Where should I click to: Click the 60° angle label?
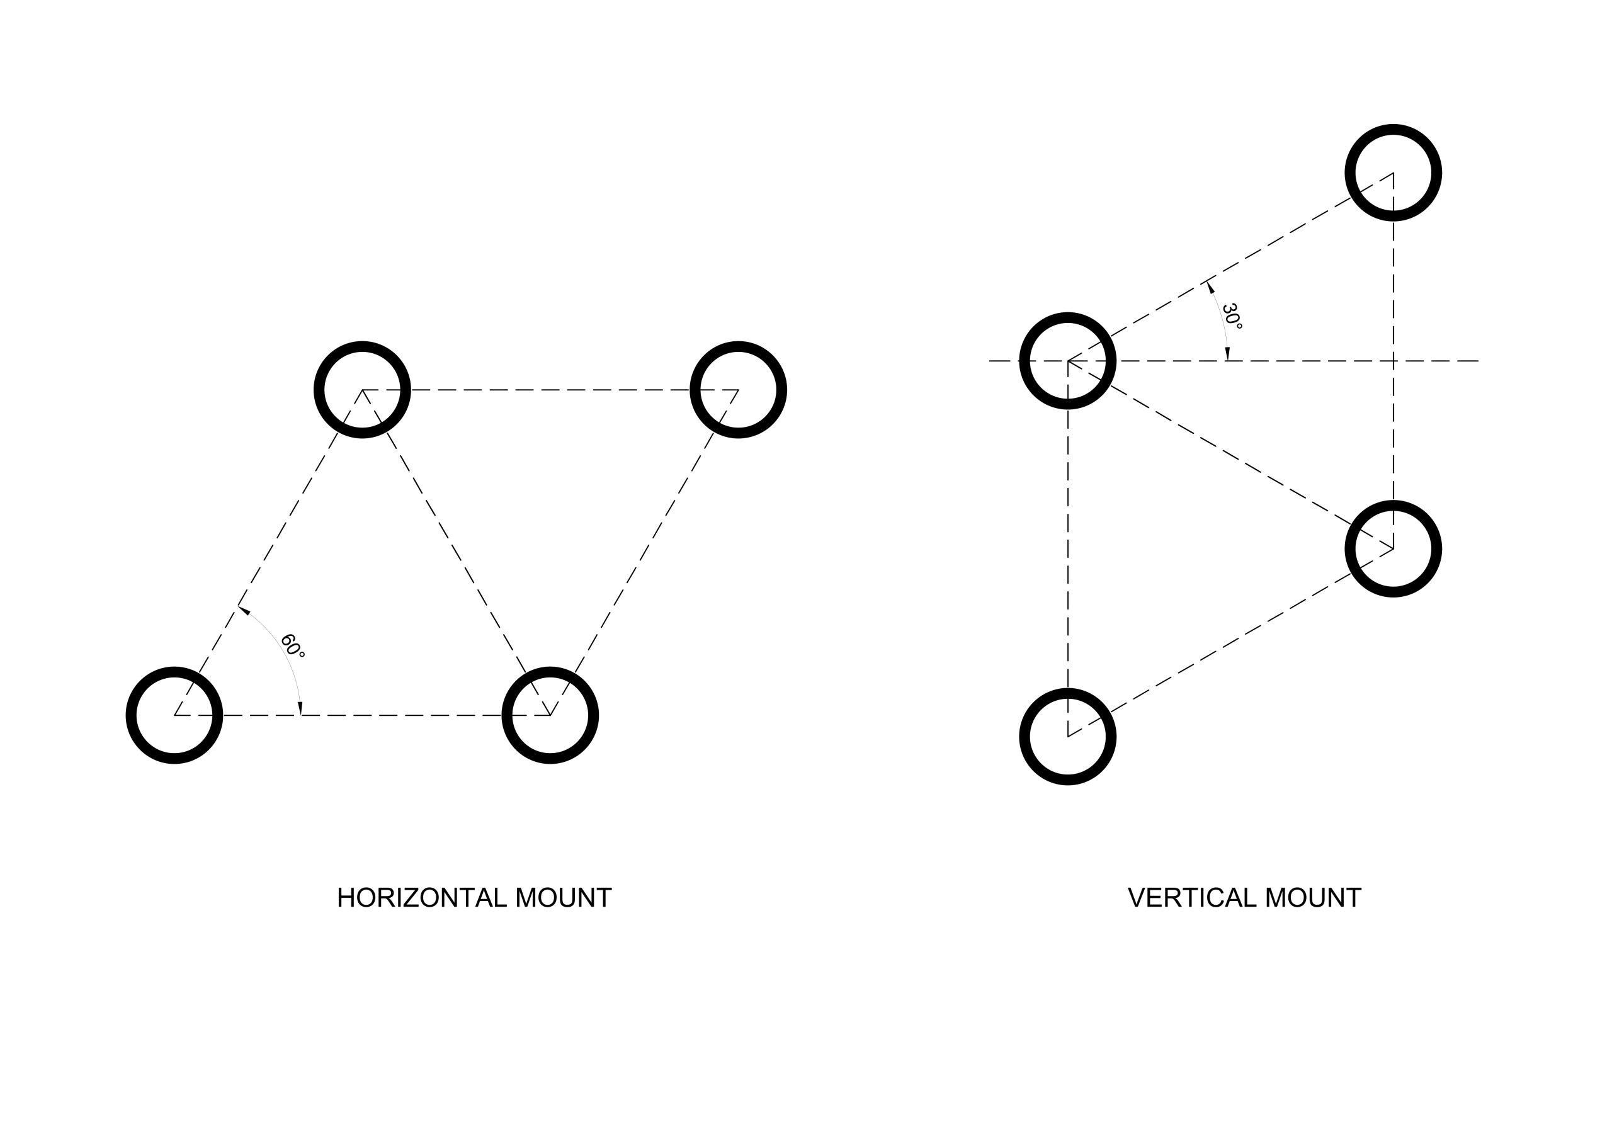pyautogui.click(x=292, y=646)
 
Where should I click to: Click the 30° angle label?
pyautogui.click(x=1232, y=316)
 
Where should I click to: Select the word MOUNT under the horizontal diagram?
pyautogui.click(x=563, y=898)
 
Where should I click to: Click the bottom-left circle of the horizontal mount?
pyautogui.click(x=174, y=715)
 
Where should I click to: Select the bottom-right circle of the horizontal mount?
pyautogui.click(x=550, y=715)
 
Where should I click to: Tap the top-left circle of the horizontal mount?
pyautogui.click(x=361, y=390)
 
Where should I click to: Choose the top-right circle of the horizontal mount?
pyautogui.click(x=738, y=390)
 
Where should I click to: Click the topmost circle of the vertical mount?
pyautogui.click(x=1393, y=173)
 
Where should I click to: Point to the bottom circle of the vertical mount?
pyautogui.click(x=1067, y=737)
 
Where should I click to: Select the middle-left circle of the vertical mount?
pyautogui.click(x=1067, y=360)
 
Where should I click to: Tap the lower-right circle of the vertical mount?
pyautogui.click(x=1393, y=548)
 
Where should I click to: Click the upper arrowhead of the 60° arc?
pyautogui.click(x=244, y=610)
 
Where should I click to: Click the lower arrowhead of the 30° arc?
pyautogui.click(x=1227, y=354)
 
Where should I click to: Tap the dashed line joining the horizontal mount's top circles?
pyautogui.click(x=550, y=390)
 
